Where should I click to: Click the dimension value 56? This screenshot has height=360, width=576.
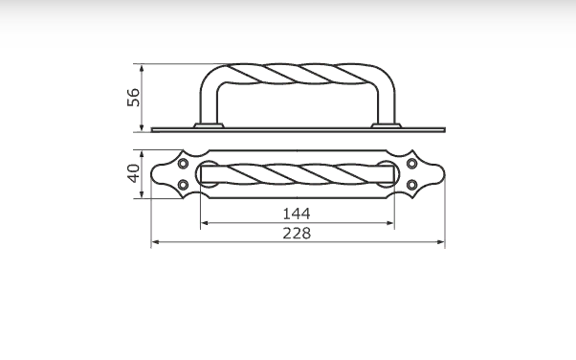coord(133,98)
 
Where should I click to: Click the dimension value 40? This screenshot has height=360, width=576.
coord(133,173)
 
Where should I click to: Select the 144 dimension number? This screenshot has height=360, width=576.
coord(297,214)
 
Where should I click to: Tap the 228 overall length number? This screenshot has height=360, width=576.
coord(297,233)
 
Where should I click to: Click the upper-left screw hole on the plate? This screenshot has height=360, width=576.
coord(183,164)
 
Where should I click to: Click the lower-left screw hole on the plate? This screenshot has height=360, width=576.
coord(183,185)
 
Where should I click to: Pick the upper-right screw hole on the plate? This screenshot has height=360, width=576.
coord(412,164)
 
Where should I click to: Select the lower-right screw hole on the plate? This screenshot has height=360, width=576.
coord(412,185)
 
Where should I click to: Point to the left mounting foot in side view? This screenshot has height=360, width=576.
coord(209,125)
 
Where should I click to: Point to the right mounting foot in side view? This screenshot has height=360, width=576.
coord(387,125)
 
